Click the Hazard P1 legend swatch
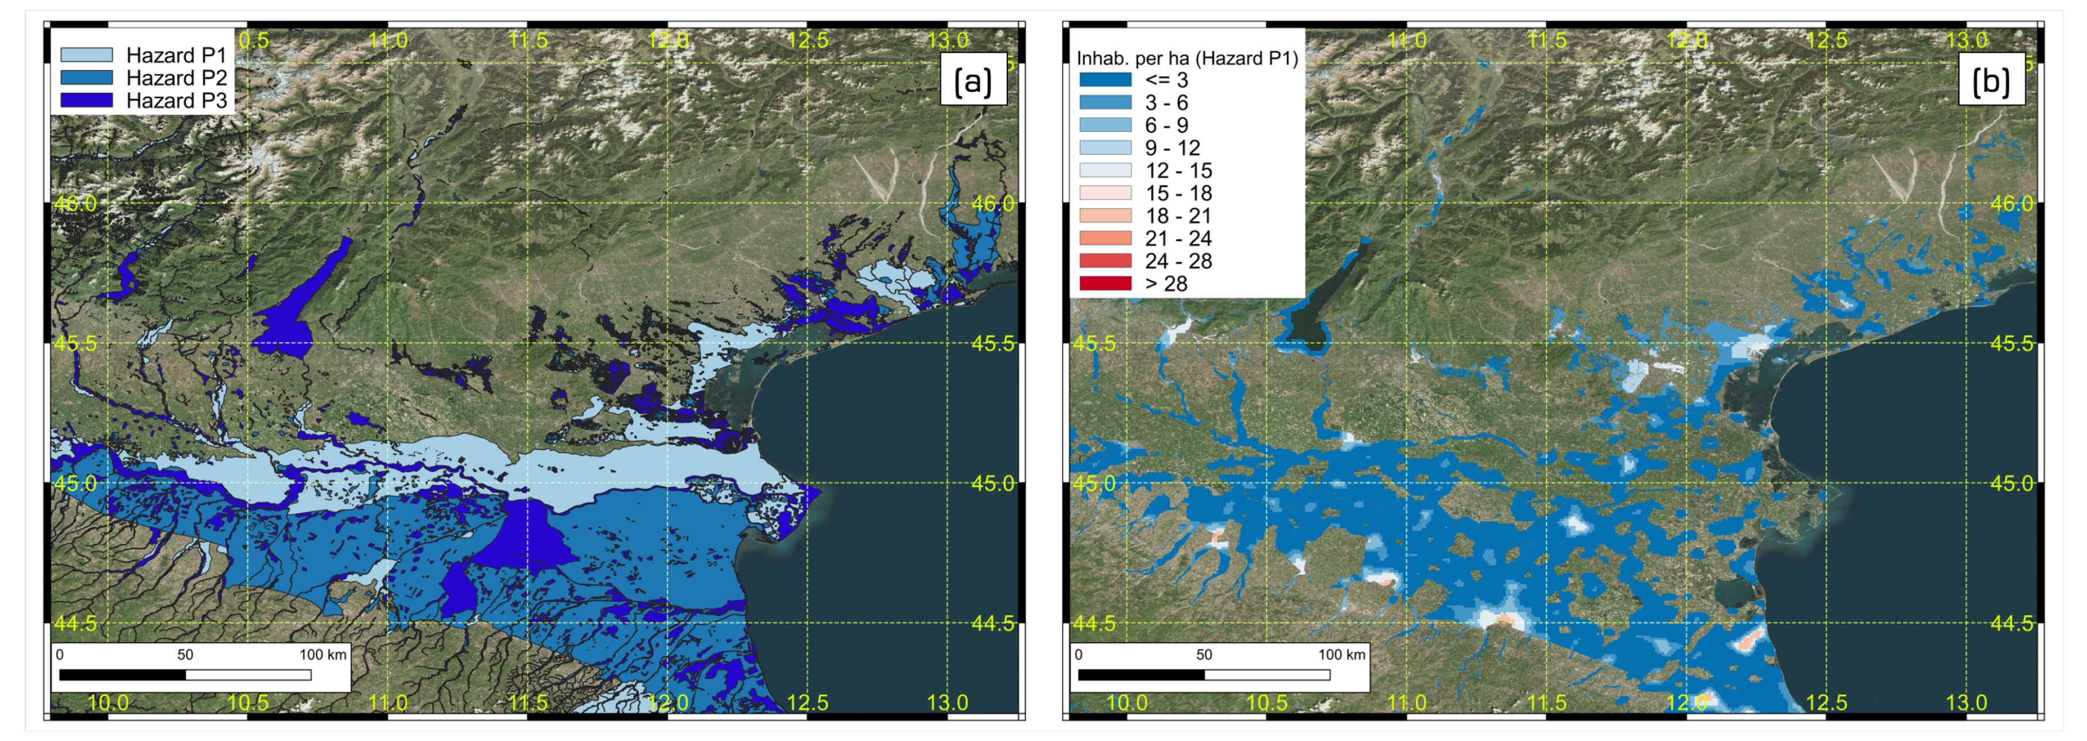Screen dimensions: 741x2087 [87, 55]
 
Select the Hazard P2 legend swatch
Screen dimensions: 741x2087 [87, 78]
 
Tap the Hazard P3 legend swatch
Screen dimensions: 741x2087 [87, 100]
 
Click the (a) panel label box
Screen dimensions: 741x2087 [972, 80]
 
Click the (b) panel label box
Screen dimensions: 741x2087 [1991, 80]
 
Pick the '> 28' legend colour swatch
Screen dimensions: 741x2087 [1105, 283]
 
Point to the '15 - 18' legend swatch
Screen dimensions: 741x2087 [1105, 193]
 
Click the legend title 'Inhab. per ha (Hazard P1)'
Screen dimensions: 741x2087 [1187, 58]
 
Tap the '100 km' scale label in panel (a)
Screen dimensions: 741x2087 [323, 654]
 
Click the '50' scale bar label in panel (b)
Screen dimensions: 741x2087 [1204, 654]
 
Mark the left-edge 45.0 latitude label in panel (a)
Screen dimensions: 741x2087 [75, 483]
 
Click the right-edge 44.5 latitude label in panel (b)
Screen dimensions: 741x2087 [2012, 623]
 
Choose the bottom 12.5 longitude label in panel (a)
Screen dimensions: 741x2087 [808, 702]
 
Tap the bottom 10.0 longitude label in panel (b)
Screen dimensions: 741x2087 [1126, 702]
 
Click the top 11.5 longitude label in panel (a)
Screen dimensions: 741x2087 [528, 40]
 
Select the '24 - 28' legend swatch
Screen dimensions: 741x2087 [1105, 261]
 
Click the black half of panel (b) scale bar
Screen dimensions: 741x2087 [1141, 674]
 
